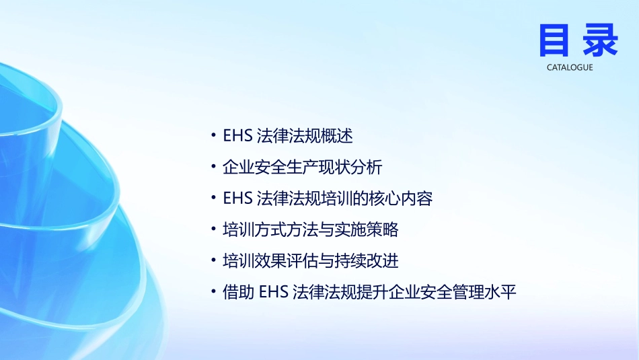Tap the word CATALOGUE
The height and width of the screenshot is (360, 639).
[570, 68]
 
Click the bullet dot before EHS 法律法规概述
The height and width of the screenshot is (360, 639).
[214, 136]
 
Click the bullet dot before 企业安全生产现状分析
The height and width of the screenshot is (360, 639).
[214, 167]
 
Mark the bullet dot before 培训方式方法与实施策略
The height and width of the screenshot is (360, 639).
[214, 230]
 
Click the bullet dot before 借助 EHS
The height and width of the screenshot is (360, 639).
[214, 293]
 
